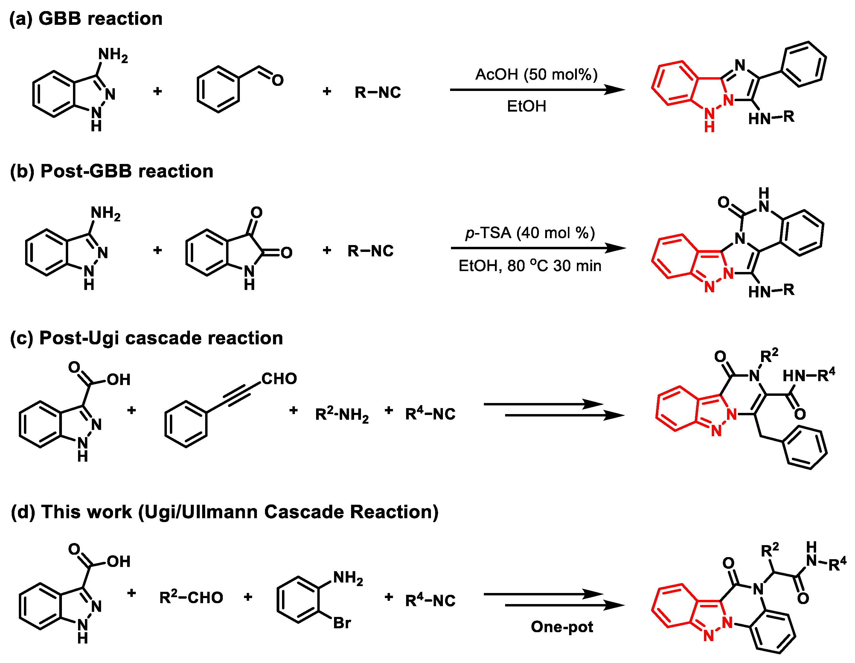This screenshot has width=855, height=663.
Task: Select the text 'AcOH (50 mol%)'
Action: pos(536,74)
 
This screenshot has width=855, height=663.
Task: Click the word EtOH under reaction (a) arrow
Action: pos(527,107)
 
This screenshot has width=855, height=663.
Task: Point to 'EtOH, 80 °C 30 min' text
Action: pos(530,266)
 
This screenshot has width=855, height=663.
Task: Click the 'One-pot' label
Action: pos(562,626)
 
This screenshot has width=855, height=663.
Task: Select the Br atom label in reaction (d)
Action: pos(342,623)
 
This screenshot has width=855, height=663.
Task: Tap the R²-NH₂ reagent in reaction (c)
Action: pos(342,414)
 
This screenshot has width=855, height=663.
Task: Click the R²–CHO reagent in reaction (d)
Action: pos(191,597)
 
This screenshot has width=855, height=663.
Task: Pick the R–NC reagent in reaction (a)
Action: pos(378,92)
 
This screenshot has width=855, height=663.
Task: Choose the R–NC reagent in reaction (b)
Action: pos(370,251)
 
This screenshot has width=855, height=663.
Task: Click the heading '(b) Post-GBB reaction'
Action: pos(112,171)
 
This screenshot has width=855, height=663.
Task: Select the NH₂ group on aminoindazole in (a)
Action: pos(113,55)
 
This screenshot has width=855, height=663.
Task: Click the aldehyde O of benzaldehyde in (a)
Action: pos(278,80)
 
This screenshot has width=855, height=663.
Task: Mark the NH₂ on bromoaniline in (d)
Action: pos(348,578)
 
